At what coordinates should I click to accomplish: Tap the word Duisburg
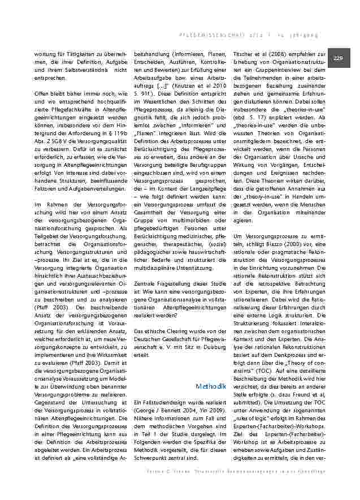pyautogui.click(x=206, y=349)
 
